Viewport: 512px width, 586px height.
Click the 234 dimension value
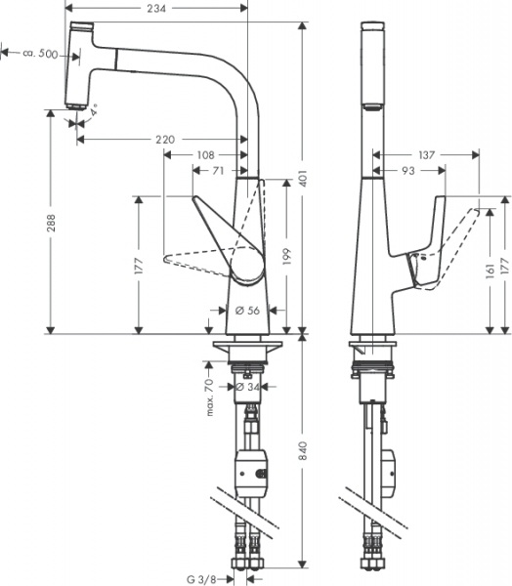(156, 8)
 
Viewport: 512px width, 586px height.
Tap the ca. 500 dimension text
(40, 54)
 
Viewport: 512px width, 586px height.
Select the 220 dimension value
(165, 140)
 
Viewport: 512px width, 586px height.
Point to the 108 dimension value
(206, 154)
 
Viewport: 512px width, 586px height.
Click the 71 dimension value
(218, 171)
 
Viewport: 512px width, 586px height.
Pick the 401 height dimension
(303, 179)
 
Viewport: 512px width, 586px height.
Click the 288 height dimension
(51, 223)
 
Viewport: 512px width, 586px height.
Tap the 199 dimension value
(287, 256)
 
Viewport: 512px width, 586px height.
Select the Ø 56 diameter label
(247, 311)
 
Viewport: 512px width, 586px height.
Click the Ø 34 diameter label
(247, 387)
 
